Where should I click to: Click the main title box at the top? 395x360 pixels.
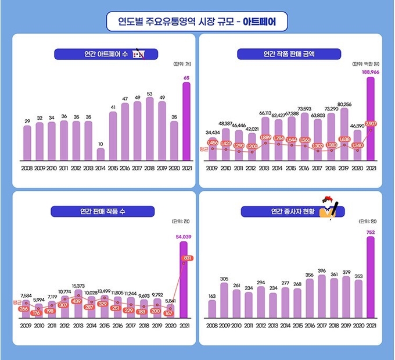tap(197, 22)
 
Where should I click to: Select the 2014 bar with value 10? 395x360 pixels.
tap(101, 154)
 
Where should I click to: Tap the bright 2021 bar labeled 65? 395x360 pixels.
tap(186, 121)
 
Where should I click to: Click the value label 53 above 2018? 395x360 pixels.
tap(150, 94)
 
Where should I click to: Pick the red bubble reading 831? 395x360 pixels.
tap(186, 258)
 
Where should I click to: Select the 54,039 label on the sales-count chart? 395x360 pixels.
tap(183, 237)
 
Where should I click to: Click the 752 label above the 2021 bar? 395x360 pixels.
tap(370, 233)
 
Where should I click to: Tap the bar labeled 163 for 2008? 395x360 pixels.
tap(212, 309)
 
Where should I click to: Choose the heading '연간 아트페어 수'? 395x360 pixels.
tap(99, 55)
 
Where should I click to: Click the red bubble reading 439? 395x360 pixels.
tap(77, 301)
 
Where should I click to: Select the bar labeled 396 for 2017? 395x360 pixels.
tap(322, 297)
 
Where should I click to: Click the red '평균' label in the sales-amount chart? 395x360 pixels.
tap(203, 149)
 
